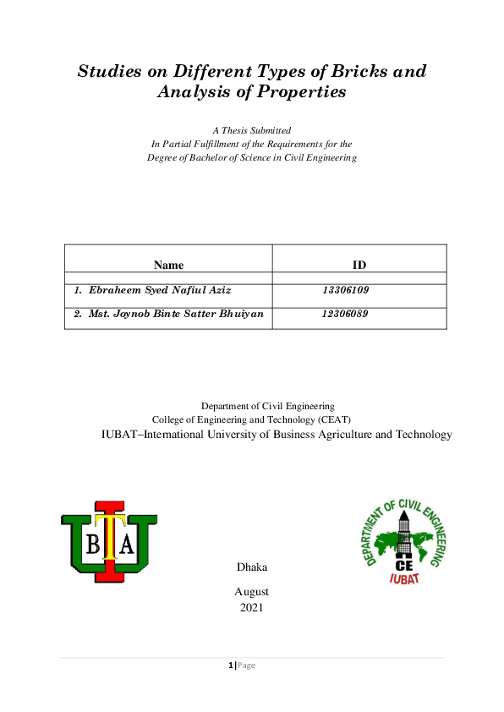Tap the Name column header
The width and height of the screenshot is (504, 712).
click(168, 265)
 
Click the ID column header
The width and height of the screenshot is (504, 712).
click(359, 265)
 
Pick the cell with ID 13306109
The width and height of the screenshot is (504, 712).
click(345, 290)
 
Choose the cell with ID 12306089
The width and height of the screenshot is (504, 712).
click(345, 314)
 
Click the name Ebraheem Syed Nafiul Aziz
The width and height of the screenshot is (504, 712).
click(152, 290)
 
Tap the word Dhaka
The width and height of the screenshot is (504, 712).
click(252, 566)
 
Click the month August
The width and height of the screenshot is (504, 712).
click(252, 592)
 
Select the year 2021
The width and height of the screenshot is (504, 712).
click(252, 607)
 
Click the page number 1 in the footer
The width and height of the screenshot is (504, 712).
click(231, 665)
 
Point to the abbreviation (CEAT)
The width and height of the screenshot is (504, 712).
click(333, 419)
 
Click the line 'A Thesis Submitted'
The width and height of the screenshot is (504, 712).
click(252, 130)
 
